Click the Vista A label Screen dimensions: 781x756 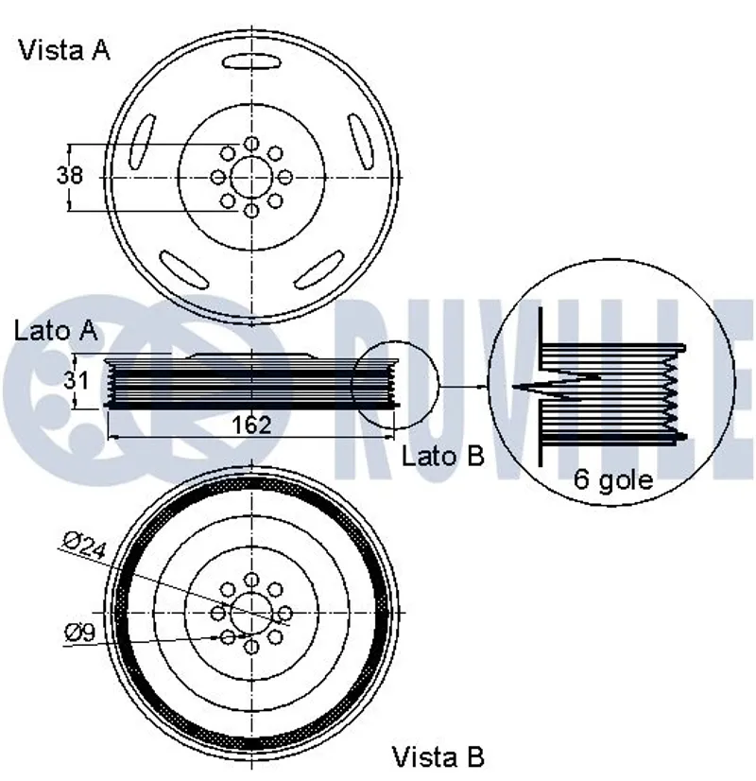[64, 50]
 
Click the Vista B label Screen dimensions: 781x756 [438, 756]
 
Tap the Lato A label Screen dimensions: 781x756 [56, 330]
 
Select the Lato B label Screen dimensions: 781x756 [442, 456]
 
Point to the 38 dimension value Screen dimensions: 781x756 [70, 176]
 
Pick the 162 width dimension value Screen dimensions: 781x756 [251, 425]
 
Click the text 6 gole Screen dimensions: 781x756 [613, 479]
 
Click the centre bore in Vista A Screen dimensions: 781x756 [251, 177]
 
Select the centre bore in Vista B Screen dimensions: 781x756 [251, 613]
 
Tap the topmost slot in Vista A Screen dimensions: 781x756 [251, 62]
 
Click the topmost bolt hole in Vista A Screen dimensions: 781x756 [251, 143]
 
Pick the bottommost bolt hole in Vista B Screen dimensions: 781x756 [251, 647]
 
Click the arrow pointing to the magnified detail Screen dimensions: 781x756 [463, 387]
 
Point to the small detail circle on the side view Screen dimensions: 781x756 [394, 385]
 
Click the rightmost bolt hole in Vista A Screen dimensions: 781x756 [285, 177]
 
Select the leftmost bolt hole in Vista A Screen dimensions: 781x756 [217, 177]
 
